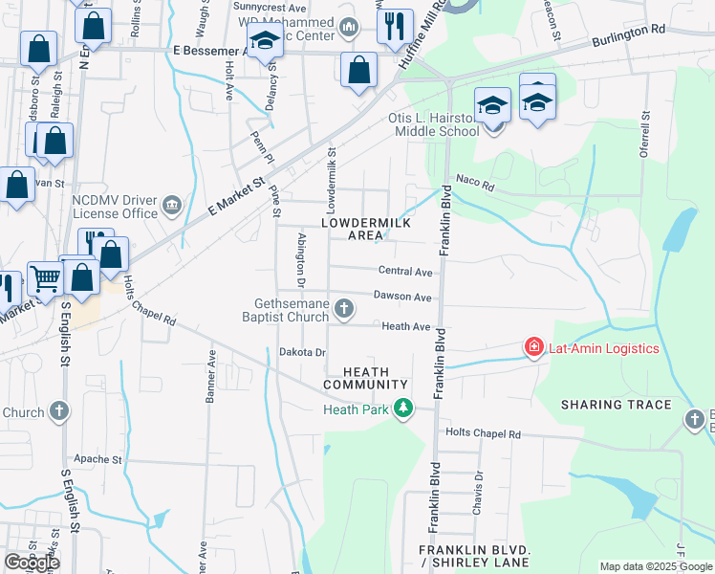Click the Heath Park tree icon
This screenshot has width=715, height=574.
coord(404,408)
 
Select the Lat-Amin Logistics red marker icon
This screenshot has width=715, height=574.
coord(532,347)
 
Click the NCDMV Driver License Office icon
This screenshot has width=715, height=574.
coord(173,203)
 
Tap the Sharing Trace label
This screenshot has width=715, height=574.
coord(617,405)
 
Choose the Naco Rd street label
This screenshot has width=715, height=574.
coord(474,184)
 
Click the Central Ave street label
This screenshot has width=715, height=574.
coord(405,272)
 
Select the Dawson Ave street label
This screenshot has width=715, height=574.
coord(402,297)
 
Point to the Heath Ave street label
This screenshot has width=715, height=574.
coord(405,326)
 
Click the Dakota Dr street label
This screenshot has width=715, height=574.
coord(302,352)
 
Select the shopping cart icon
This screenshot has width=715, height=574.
coord(45,278)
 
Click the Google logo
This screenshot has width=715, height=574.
coord(32,563)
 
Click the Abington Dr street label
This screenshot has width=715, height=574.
coord(300,260)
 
